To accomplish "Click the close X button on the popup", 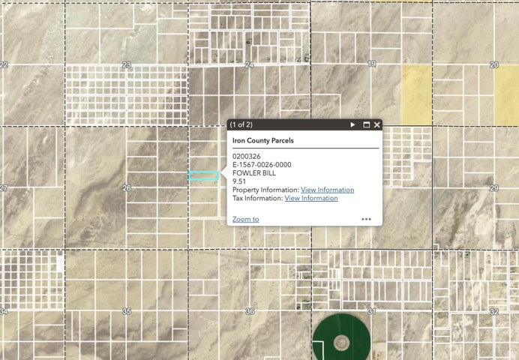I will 377,124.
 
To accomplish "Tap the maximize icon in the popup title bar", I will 367,124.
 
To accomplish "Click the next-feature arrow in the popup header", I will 353,124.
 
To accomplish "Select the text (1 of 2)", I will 241,124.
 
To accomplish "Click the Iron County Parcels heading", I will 262,140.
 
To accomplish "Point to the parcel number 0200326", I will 247,157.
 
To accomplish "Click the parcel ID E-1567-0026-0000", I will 262,165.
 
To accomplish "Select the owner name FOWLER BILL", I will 254,173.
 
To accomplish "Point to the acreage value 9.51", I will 240,181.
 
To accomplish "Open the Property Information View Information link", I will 327,190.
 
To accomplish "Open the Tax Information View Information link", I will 311,198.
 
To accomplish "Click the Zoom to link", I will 245,219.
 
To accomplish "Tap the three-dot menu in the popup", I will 366,219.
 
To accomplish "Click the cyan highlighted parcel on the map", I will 203,175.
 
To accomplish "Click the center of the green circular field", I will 341,343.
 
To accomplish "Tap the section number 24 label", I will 249,65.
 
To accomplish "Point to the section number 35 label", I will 127,311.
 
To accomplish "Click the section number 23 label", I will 127,65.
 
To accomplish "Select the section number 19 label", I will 372,65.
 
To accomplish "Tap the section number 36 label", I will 250,311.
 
